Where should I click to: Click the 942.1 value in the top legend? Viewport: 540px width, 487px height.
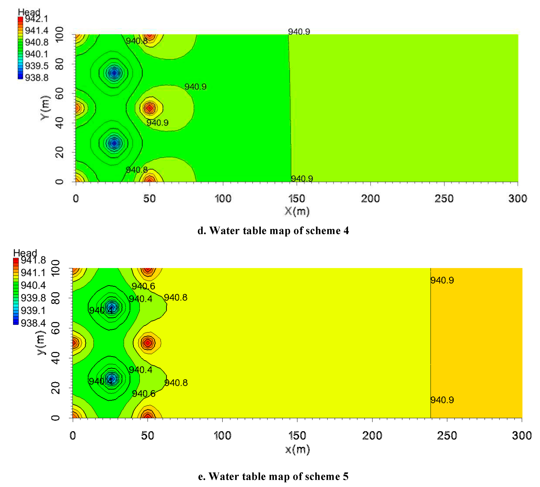point(36,19)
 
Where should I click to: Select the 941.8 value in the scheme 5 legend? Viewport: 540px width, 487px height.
point(33,260)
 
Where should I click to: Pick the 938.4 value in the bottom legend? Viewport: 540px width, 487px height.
point(33,323)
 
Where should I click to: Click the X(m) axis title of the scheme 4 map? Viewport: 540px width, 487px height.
point(297,211)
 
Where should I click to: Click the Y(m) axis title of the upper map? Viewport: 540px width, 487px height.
point(45,108)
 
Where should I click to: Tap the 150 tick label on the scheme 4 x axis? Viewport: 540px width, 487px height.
point(296,199)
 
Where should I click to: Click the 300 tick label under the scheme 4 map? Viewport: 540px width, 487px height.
point(517,199)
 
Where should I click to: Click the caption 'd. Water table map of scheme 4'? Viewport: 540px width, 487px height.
point(273,231)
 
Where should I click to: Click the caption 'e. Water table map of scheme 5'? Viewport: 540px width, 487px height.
point(273,476)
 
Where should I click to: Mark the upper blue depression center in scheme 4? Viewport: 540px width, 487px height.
point(114,73)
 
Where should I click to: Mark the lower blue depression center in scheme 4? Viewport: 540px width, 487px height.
point(114,143)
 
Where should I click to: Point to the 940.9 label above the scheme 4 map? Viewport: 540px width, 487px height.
point(299,32)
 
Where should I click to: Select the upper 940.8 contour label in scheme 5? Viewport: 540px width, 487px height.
point(176,297)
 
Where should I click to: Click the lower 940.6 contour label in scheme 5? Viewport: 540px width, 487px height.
point(144,393)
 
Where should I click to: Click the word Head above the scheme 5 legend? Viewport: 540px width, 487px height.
point(25,253)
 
